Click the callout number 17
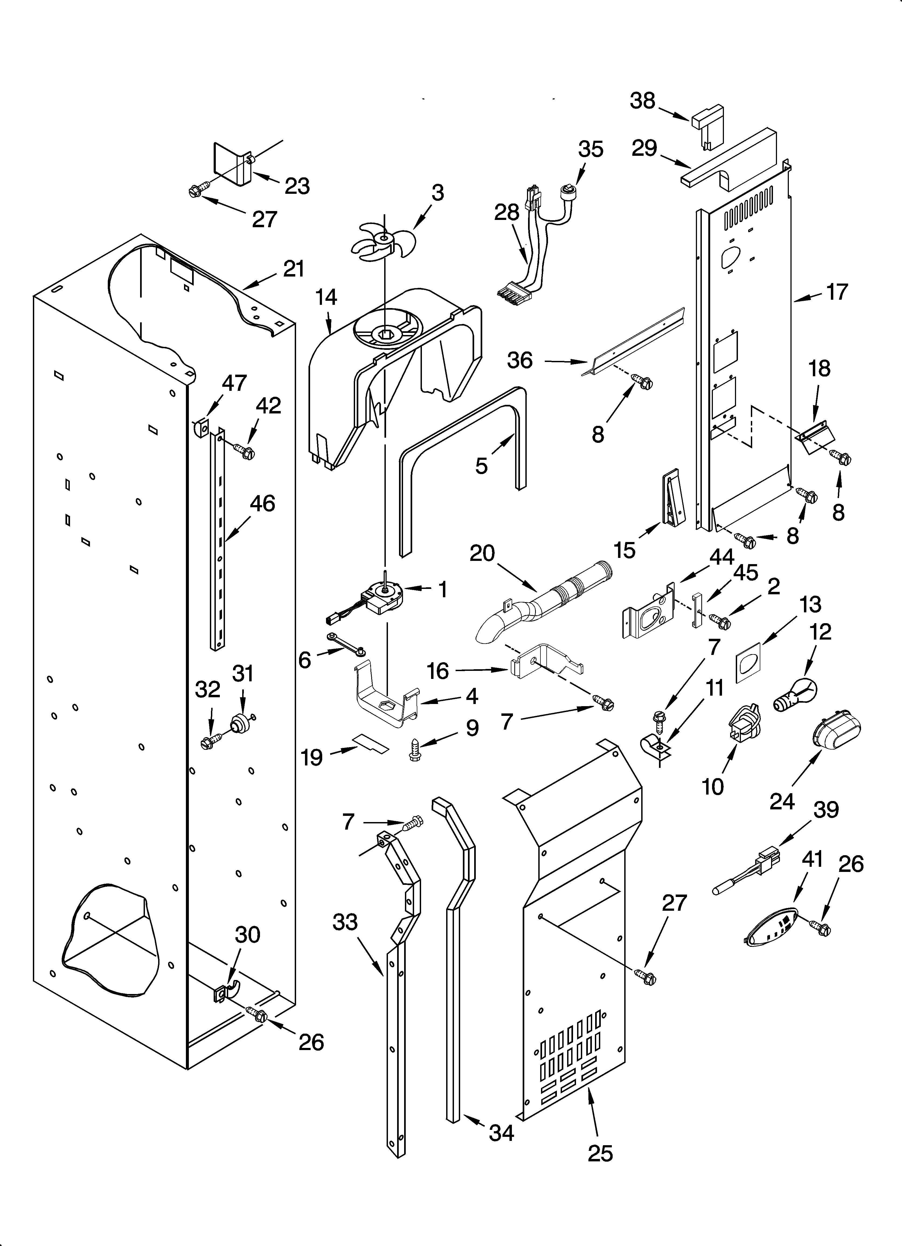[837, 292]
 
